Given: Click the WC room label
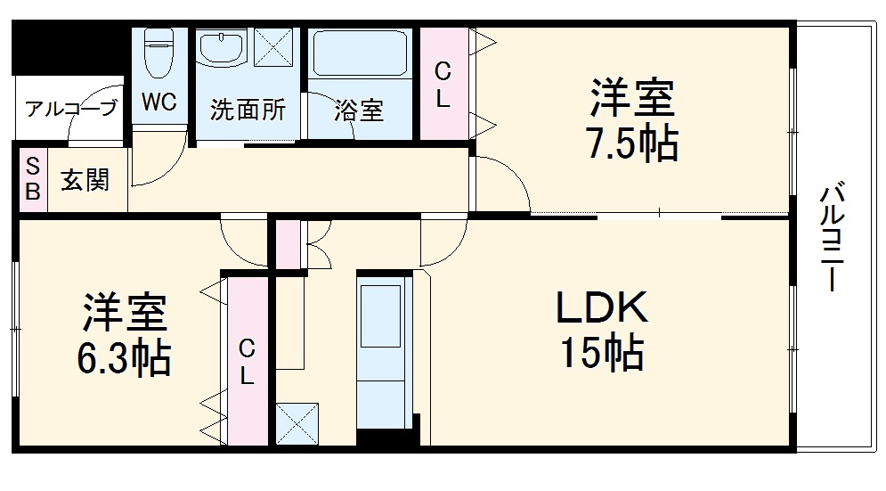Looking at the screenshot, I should pos(159,102).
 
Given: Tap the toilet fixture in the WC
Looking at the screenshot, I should pos(159,51).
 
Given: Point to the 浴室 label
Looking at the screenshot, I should pos(359,110).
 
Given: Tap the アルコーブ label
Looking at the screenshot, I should pos(70,110).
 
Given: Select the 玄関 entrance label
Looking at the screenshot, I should pos(85,180).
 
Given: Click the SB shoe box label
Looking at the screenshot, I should pos(32,179).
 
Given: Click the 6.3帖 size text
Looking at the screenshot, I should pos(124,358).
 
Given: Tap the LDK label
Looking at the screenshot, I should pos(602,308).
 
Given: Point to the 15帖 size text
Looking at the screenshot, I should pos(602,353).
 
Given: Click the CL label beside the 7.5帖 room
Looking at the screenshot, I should pos(443,84).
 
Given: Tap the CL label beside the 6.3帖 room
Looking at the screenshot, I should pos(247,362).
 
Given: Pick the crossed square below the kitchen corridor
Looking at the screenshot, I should pos(297,422).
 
